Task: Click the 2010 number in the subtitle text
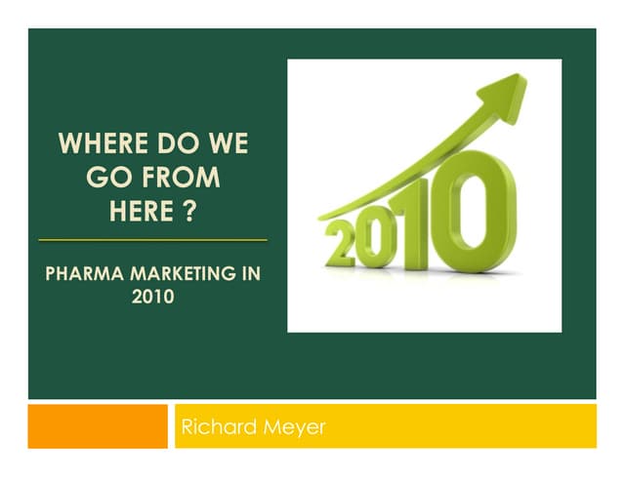coord(152,295)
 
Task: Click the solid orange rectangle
coord(98,426)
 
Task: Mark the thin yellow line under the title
coord(151,239)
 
